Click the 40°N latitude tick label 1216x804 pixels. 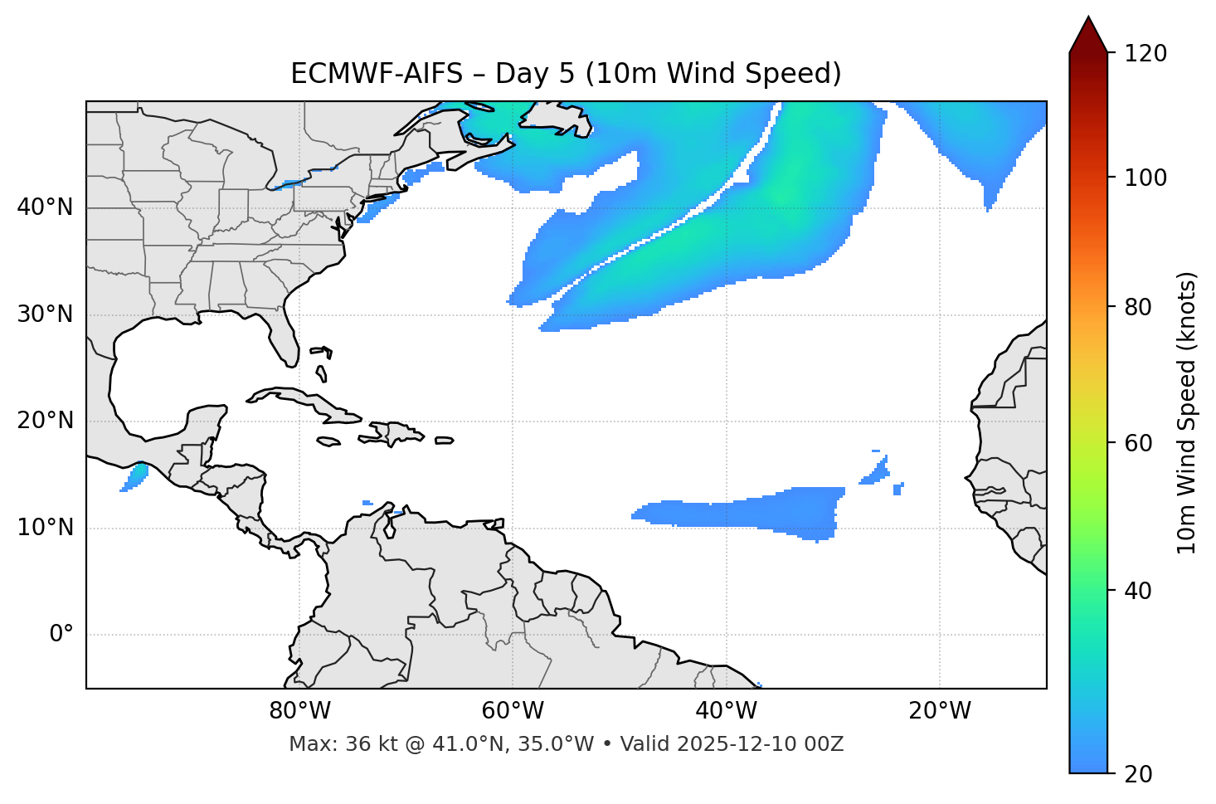pyautogui.click(x=45, y=207)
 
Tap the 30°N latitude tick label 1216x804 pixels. pyautogui.click(x=45, y=314)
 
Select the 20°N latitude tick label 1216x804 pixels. pyautogui.click(x=45, y=421)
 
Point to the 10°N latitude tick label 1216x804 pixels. pyautogui.click(x=45, y=528)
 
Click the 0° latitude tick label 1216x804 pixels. pyautogui.click(x=61, y=635)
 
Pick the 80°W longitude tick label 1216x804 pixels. pyautogui.click(x=299, y=711)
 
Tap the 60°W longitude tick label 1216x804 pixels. pyautogui.click(x=513, y=711)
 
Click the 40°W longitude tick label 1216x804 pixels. pyautogui.click(x=726, y=711)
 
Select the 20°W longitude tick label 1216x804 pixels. pyautogui.click(x=940, y=711)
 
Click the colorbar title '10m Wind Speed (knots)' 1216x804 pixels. pyautogui.click(x=1187, y=413)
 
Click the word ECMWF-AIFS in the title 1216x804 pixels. pyautogui.click(x=377, y=74)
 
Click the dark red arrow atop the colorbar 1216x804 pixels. pyautogui.click(x=1088, y=36)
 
